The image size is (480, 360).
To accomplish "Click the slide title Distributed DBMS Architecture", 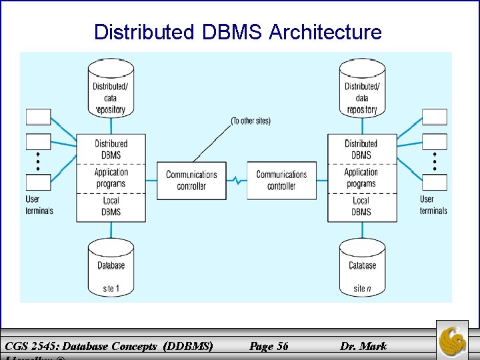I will pos(238,31).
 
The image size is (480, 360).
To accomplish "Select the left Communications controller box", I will pos(191,180).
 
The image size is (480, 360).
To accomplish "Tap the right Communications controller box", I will pos(281,180).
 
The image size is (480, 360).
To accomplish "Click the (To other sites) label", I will pos(251,121).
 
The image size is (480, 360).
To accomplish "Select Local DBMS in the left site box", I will pos(111,206).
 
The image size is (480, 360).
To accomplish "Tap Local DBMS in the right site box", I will pos(361,206).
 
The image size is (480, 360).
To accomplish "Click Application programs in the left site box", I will pos(111,178).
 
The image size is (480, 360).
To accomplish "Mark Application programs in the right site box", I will pos(361,178).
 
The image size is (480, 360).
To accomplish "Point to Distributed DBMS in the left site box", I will pos(111,149).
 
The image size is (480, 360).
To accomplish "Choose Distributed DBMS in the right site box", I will pos(361,149).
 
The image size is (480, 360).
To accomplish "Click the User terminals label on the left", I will pos(39,205).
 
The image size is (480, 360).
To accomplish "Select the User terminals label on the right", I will pos(433,205).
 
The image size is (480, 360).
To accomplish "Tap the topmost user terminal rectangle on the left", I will pos(38,117).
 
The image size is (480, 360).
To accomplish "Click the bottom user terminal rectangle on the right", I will pos(435,182).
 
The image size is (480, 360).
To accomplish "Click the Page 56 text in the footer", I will pos(269,345).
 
